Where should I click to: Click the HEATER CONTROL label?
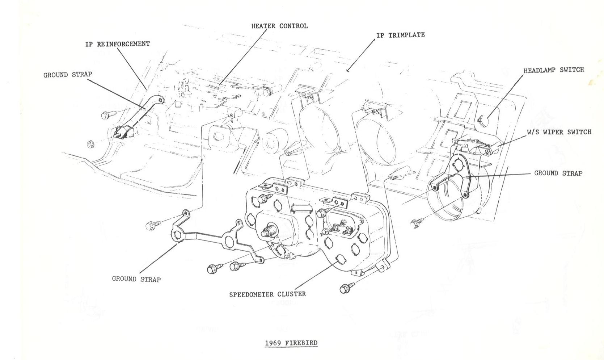[279, 26]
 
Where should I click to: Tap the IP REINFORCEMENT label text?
[117, 44]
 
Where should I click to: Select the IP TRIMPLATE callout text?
[400, 35]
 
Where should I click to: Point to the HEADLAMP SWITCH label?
[554, 70]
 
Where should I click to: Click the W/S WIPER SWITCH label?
[559, 132]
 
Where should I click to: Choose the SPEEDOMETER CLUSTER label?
[267, 294]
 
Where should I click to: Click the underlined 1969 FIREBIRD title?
[291, 343]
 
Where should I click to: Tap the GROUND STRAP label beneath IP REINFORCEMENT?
[68, 75]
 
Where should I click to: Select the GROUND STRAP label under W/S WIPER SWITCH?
[558, 173]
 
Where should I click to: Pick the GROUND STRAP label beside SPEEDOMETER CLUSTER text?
[136, 279]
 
